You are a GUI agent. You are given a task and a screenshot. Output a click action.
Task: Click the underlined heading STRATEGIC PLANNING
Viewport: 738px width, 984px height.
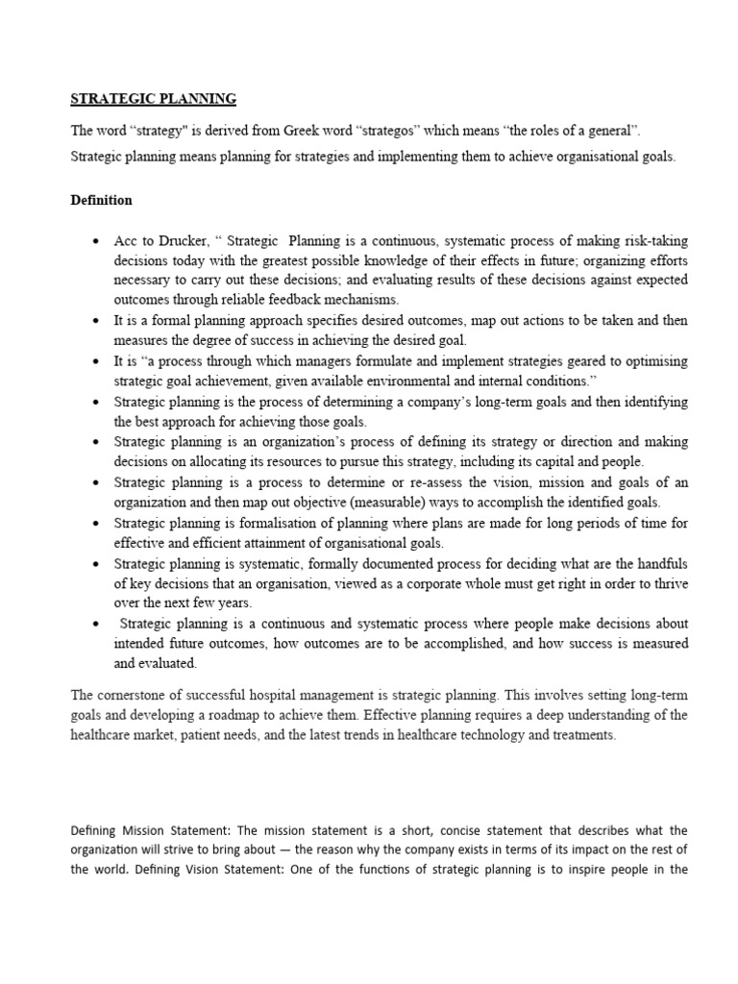pos(154,99)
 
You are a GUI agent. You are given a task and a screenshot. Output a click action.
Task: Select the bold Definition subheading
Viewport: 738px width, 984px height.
pos(102,201)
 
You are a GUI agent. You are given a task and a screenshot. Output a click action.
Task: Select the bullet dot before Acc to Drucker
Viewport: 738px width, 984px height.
pos(96,240)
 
